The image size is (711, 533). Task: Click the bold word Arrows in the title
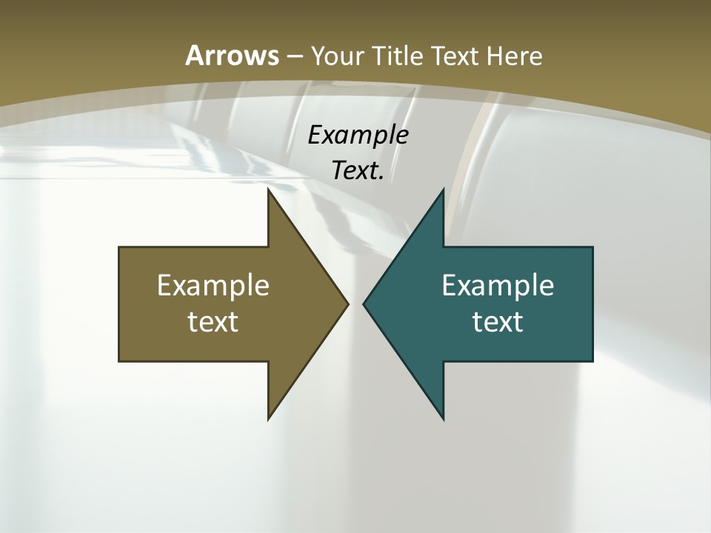pyautogui.click(x=232, y=56)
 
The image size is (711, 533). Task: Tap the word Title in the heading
pyautogui.click(x=398, y=56)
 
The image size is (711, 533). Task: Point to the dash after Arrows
pyautogui.click(x=294, y=56)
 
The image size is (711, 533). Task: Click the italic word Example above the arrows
pyautogui.click(x=358, y=135)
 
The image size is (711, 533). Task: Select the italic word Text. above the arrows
pyautogui.click(x=358, y=171)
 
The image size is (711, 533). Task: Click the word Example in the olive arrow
pyautogui.click(x=213, y=285)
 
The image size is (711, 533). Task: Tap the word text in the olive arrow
pyautogui.click(x=213, y=322)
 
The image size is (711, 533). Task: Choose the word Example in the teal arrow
pyautogui.click(x=498, y=285)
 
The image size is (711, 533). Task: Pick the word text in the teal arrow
pyautogui.click(x=498, y=322)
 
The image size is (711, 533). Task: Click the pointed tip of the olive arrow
pyautogui.click(x=347, y=304)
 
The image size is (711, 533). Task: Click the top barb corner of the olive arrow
pyautogui.click(x=269, y=190)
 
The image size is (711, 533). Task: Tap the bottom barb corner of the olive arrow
pyautogui.click(x=269, y=418)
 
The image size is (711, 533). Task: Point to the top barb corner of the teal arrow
pyautogui.click(x=443, y=190)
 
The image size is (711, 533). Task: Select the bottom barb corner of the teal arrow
pyautogui.click(x=443, y=418)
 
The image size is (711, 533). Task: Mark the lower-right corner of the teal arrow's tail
pyautogui.click(x=592, y=361)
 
